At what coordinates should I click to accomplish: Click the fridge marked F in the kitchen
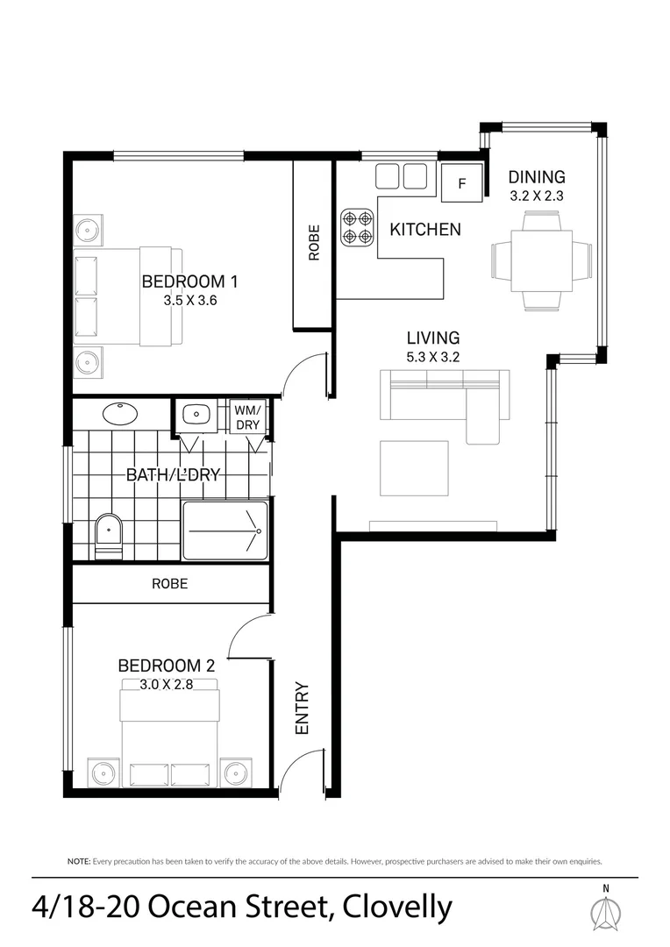tap(461, 184)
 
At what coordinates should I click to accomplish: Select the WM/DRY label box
tap(246, 417)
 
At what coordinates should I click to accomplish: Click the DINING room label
tap(537, 178)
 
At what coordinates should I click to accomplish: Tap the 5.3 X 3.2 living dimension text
tap(432, 357)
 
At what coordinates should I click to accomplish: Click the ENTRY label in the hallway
tap(303, 708)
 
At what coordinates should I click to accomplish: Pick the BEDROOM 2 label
tap(166, 666)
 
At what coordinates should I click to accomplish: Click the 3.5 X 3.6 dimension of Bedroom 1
tap(189, 300)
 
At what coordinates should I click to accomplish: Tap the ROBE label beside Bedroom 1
tap(313, 244)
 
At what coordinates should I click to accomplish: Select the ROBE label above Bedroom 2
tap(169, 584)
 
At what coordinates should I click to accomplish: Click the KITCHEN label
tap(424, 230)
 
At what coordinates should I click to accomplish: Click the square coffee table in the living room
tap(413, 468)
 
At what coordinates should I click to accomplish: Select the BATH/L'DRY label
tap(172, 475)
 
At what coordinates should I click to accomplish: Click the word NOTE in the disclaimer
tap(78, 862)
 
